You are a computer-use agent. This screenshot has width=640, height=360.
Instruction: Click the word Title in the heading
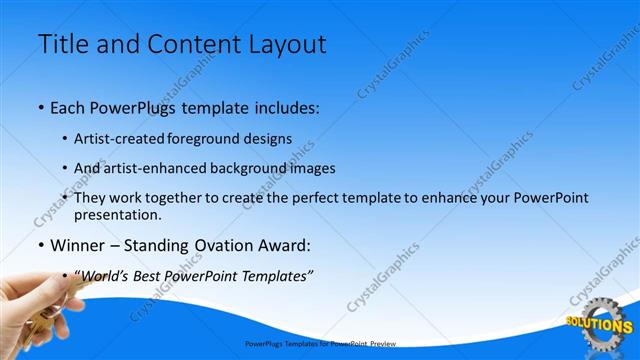63,44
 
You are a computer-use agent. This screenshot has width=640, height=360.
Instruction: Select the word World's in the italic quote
102,275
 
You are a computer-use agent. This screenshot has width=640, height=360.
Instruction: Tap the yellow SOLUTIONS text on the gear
599,325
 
